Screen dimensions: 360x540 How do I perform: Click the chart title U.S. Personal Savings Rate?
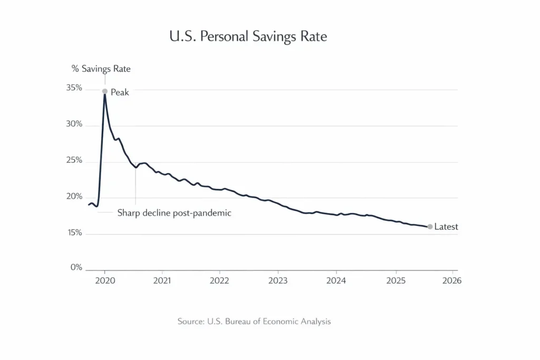(248, 36)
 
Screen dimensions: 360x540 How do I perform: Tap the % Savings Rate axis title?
(101, 69)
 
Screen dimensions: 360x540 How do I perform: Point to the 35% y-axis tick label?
(74, 88)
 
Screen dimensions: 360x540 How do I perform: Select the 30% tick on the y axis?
(74, 124)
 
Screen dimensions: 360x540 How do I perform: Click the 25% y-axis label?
(74, 161)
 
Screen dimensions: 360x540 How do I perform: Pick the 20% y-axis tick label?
(74, 197)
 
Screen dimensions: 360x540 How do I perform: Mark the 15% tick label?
(74, 233)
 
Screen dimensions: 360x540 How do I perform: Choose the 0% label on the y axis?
(76, 268)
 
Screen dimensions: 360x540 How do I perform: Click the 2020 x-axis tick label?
(105, 280)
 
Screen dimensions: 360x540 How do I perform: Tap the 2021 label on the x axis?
(162, 280)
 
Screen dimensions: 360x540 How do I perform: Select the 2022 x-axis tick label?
(219, 280)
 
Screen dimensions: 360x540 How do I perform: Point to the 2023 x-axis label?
(278, 280)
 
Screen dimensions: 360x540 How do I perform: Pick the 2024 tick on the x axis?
(336, 280)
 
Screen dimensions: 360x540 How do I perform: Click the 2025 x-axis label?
(396, 280)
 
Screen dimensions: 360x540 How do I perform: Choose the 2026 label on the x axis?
(452, 280)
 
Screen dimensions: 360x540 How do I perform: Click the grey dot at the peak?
(105, 91)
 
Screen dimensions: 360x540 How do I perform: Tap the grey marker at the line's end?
(430, 227)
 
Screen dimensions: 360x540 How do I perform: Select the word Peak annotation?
(120, 92)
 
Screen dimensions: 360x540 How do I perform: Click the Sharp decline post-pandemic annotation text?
(174, 213)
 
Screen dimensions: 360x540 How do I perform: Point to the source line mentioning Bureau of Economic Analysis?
(254, 321)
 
